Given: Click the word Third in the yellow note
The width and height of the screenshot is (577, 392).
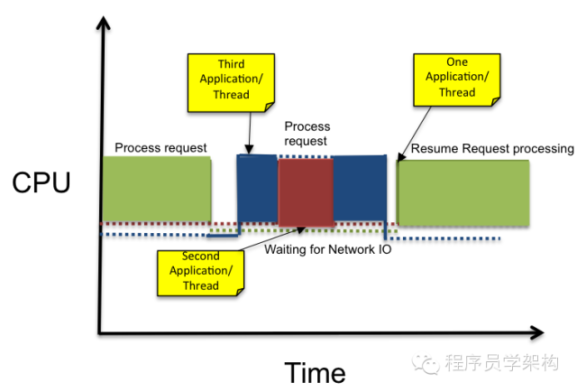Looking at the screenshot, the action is click(x=232, y=64).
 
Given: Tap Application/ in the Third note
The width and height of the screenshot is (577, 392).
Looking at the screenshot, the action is click(x=232, y=79).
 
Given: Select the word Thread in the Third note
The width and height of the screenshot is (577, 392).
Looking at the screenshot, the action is click(x=232, y=95).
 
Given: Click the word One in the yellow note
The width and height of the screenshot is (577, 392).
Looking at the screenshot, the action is click(x=457, y=62).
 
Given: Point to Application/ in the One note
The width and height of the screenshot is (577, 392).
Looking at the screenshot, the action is click(x=457, y=77).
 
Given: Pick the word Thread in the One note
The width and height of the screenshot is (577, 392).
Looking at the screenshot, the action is click(x=457, y=92).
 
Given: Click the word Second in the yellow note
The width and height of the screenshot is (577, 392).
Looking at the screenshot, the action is click(x=200, y=257).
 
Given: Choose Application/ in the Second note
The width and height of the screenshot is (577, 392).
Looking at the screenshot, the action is click(x=200, y=271).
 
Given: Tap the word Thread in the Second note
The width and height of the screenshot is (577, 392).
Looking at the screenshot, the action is click(x=200, y=286).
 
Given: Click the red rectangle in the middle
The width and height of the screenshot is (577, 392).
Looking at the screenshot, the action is click(x=306, y=192).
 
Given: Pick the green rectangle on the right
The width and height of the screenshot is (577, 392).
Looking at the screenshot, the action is click(x=463, y=192).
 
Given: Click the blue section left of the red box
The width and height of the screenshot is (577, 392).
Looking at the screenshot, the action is click(x=257, y=188).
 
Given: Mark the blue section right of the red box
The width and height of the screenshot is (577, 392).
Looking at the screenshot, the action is click(x=360, y=188).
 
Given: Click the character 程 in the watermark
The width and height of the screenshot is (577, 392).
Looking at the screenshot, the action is click(x=454, y=362).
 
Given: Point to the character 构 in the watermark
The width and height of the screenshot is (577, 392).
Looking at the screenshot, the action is click(x=547, y=362).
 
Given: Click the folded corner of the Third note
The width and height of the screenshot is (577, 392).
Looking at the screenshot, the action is click(x=269, y=107).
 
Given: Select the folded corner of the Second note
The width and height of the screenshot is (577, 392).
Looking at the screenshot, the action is click(x=238, y=291).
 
